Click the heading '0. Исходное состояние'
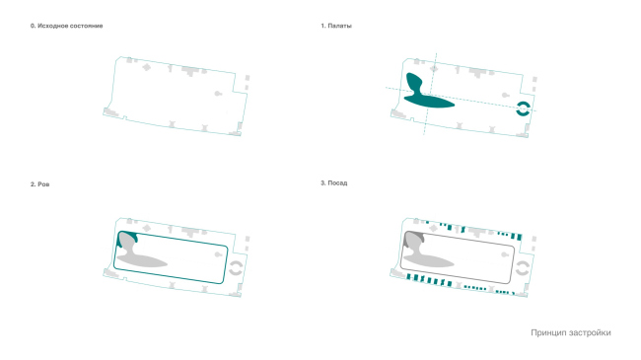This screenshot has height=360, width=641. click(66, 26)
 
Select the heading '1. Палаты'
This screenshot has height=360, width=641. click(336, 26)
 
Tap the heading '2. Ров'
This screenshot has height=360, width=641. click(39, 184)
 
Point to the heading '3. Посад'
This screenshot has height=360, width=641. click(334, 182)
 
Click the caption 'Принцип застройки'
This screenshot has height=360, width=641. click(571, 332)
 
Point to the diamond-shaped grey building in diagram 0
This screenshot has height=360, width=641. click(146, 67)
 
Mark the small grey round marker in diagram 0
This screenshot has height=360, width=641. click(218, 94)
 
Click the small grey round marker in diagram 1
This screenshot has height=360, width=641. click(505, 96)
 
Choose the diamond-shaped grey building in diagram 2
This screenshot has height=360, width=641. click(146, 228)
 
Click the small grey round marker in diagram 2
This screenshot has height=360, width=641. click(218, 254)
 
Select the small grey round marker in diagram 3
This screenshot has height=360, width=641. click(505, 254)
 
